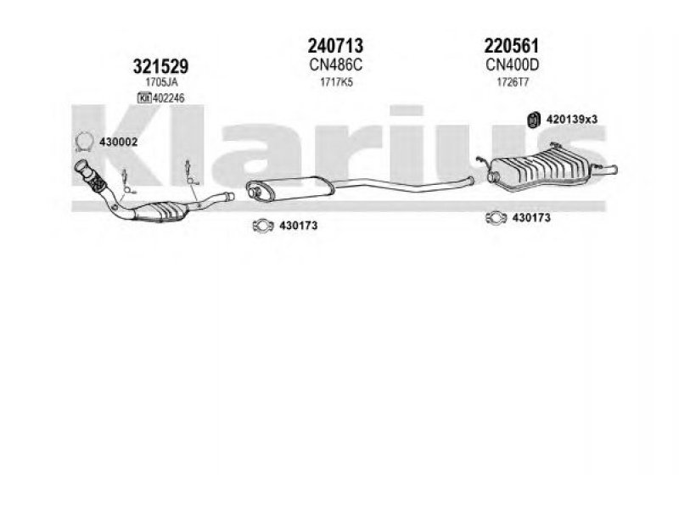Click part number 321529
(x=160, y=67)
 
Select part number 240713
(x=335, y=46)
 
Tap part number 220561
(x=512, y=46)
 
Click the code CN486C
(x=336, y=65)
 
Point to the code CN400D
(x=513, y=65)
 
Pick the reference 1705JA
(x=161, y=81)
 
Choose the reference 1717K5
(x=336, y=81)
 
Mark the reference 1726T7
(x=513, y=81)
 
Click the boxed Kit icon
(x=143, y=98)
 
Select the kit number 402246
(x=168, y=98)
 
